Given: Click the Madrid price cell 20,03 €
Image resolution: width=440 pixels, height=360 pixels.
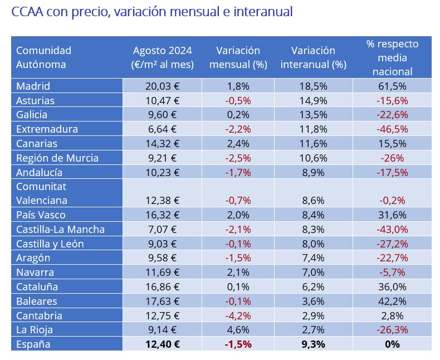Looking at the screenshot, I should (x=162, y=86).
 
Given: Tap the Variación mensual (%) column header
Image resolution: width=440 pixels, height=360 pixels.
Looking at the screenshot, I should (x=237, y=57).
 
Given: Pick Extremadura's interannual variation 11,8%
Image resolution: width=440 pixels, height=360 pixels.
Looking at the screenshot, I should (x=314, y=129).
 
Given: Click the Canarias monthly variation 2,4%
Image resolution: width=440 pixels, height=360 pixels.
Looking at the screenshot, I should (x=237, y=144).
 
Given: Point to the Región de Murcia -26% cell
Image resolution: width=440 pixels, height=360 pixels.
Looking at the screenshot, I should (x=392, y=158).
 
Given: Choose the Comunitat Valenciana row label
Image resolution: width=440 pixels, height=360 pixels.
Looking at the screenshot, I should (x=42, y=193).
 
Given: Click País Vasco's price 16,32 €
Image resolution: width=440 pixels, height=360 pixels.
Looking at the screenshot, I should (x=162, y=215).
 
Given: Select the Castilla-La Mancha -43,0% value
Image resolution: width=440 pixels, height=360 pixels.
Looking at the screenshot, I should (x=392, y=230).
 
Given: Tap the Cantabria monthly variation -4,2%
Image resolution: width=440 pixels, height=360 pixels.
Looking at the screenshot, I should (x=237, y=315).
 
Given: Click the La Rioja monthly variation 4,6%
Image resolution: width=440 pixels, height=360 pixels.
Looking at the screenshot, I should (x=237, y=329).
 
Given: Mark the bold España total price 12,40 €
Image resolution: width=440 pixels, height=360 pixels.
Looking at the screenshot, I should (x=162, y=344).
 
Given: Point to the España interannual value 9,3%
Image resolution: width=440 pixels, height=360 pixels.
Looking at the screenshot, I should (x=314, y=344).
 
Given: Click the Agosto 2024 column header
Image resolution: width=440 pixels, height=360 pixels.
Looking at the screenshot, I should (x=162, y=57).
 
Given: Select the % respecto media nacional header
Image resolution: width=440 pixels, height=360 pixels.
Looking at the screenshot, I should (x=392, y=57).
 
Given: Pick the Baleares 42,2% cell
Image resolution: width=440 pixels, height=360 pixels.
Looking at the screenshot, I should (x=392, y=301).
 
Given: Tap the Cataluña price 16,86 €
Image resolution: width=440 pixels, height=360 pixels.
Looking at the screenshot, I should (x=162, y=287).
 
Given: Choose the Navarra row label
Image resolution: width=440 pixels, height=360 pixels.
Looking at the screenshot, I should (x=35, y=273).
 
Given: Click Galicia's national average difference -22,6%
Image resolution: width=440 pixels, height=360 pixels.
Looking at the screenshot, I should (x=392, y=115).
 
